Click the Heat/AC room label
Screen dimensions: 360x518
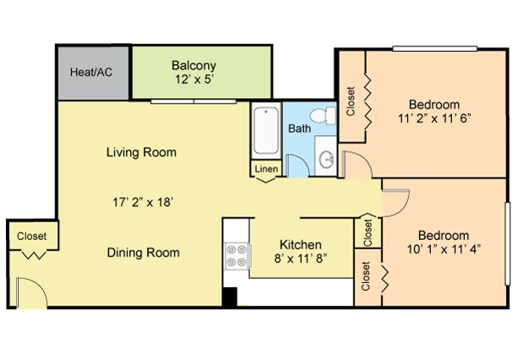coord(91,73)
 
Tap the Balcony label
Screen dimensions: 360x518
coord(194,66)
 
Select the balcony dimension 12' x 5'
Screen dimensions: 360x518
coord(194,79)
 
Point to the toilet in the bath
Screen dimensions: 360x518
coord(319,116)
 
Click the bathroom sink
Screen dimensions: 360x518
coord(325,158)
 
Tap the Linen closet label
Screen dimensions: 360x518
coord(266,170)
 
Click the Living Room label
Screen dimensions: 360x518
coord(141,153)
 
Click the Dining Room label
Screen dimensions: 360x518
coord(143,252)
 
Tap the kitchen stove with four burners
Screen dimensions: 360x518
coord(235,256)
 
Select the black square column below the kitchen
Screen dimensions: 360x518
coord(229,297)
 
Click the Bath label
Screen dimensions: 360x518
coord(299,129)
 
